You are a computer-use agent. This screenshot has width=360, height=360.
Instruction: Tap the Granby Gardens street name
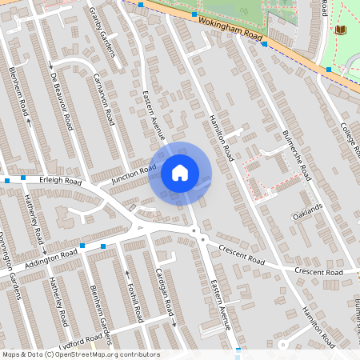click(x=105, y=35)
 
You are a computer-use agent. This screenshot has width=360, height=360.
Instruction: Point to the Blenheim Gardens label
click(x=99, y=312)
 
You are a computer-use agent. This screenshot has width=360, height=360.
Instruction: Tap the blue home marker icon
click(x=180, y=172)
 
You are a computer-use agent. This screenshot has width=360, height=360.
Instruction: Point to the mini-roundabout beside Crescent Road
click(x=203, y=239)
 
